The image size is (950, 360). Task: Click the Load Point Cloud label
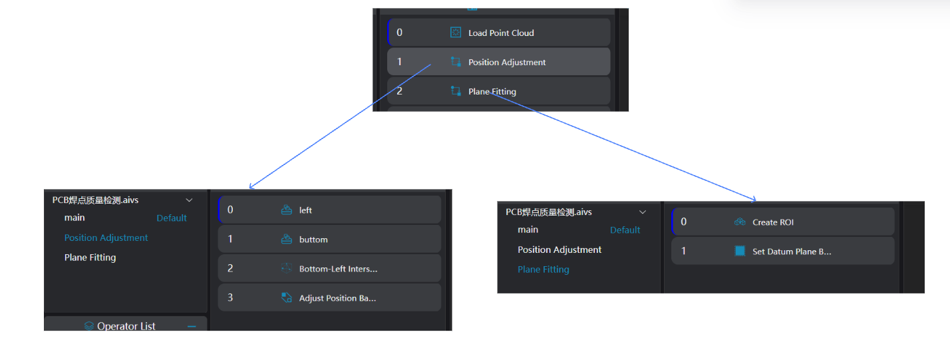(x=501, y=33)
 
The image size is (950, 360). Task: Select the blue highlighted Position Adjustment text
(x=106, y=238)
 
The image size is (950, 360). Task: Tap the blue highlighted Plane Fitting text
(x=543, y=270)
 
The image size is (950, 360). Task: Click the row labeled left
(x=305, y=210)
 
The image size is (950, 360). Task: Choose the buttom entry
(x=313, y=240)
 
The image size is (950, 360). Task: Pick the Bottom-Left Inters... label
(x=338, y=269)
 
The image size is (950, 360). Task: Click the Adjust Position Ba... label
(x=337, y=298)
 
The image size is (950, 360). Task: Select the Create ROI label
(x=772, y=222)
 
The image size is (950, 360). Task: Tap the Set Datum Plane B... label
(x=792, y=252)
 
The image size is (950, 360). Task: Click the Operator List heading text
(x=126, y=326)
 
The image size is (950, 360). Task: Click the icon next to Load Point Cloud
(x=456, y=33)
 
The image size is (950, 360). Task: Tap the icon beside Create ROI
(x=740, y=222)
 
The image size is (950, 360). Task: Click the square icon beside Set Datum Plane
(x=740, y=252)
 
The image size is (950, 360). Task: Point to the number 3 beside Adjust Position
(x=230, y=298)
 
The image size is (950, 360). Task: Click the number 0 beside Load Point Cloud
(x=399, y=33)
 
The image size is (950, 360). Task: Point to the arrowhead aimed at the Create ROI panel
(x=754, y=198)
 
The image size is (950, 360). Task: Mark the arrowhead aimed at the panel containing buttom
(x=251, y=187)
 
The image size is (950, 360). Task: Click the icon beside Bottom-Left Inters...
(x=287, y=269)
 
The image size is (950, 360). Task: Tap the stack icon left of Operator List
(x=89, y=326)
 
